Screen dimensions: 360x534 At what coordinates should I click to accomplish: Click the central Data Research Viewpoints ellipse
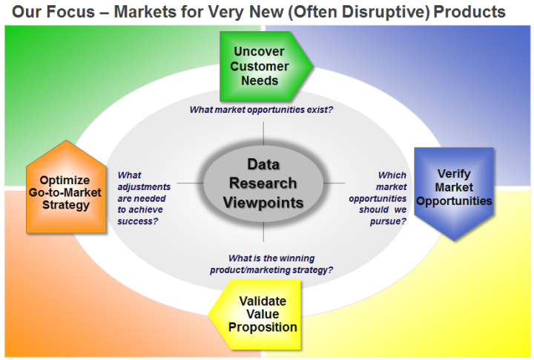coord(263,182)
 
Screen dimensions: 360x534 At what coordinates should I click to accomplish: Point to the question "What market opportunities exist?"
coord(261,110)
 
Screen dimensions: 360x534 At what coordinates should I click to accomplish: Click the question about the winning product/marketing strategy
coord(271,264)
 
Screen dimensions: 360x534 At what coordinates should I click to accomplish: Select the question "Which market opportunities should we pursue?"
coord(378,198)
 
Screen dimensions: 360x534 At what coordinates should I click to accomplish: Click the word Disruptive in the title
coord(385,12)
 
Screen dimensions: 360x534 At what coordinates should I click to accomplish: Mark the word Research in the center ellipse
coord(263,183)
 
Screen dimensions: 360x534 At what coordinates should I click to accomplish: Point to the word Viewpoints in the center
coord(263,202)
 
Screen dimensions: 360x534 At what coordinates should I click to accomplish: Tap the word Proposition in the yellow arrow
coord(263,327)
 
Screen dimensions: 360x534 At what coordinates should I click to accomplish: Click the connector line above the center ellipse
coord(263,133)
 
